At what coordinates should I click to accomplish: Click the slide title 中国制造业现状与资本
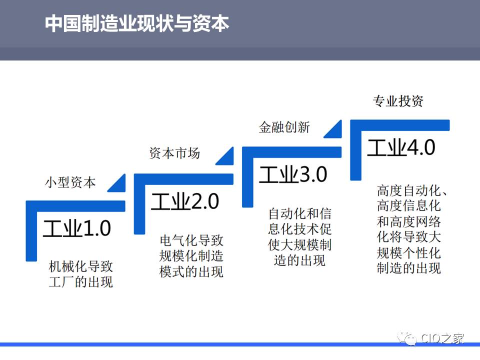click(137, 23)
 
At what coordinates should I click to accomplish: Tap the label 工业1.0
click(77, 228)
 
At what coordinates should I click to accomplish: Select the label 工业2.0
click(185, 201)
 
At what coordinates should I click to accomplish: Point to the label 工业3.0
click(293, 174)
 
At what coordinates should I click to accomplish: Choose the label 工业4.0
click(401, 147)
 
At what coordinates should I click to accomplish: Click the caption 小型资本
click(70, 182)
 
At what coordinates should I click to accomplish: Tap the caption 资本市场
click(175, 153)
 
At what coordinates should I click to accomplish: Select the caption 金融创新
click(284, 127)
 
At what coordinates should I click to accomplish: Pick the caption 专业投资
click(398, 100)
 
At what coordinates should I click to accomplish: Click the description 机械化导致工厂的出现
click(81, 274)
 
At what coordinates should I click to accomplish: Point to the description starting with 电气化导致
click(191, 256)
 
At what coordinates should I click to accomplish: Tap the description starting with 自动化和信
click(299, 237)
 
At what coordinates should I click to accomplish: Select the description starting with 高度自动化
click(411, 229)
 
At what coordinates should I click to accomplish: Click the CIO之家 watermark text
click(442, 338)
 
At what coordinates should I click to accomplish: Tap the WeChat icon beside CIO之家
click(407, 338)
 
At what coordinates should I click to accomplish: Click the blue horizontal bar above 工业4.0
click(400, 125)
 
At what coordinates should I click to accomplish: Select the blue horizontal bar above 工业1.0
click(75, 206)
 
